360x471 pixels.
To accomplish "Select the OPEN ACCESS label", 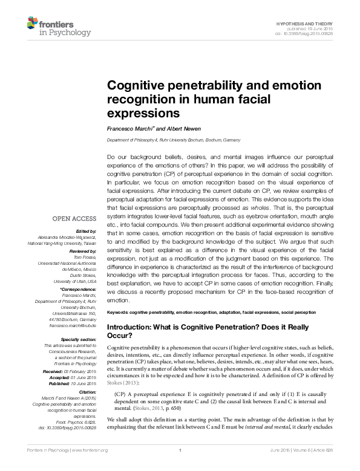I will [x=74, y=218].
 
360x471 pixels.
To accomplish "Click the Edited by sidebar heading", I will [x=85, y=232].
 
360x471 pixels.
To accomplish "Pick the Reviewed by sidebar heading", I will [x=83, y=250].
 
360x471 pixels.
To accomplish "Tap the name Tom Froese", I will [x=87, y=256].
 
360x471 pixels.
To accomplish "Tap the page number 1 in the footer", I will [x=180, y=467].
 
